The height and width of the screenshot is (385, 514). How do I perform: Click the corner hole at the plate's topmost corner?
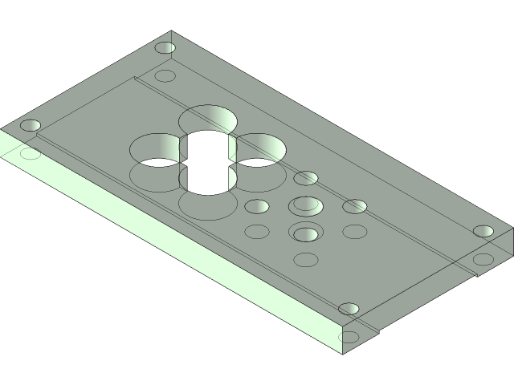point(165,48)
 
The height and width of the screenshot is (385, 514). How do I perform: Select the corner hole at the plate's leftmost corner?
point(31,126)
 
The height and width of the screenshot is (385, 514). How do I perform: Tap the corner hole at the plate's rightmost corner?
point(483,231)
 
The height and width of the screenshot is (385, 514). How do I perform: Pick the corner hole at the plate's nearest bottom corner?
point(348,309)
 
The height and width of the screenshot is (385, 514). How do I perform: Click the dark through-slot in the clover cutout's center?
point(207,164)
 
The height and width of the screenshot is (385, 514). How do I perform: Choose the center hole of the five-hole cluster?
point(305,205)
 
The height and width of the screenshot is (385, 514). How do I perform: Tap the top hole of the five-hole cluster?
point(305,178)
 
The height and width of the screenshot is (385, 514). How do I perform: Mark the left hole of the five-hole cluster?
point(256,207)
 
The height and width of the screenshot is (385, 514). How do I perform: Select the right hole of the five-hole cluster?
point(355,207)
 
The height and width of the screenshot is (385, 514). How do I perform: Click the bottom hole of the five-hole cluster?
point(305,234)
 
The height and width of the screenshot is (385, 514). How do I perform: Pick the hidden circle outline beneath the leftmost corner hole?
point(31,153)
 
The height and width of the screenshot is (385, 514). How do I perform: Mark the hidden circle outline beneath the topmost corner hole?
point(165,76)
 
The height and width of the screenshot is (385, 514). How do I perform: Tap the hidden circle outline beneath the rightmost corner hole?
point(483,259)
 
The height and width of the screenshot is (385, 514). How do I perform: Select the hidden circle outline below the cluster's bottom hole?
point(306,260)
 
